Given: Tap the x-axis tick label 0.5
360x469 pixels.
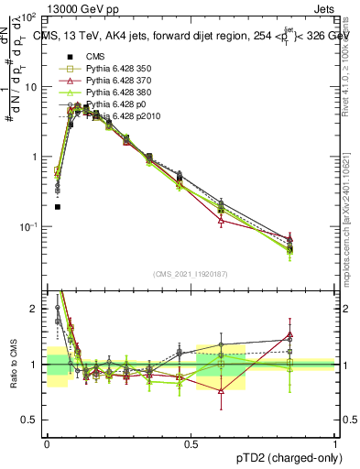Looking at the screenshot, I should point(191,444).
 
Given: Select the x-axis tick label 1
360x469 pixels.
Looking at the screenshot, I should point(333,444).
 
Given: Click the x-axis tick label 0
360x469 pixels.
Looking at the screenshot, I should point(47,444).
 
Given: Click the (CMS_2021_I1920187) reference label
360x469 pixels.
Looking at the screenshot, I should point(191,274).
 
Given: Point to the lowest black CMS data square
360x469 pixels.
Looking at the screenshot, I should point(57,207).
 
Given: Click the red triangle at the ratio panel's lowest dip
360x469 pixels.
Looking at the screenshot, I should point(221,390).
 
